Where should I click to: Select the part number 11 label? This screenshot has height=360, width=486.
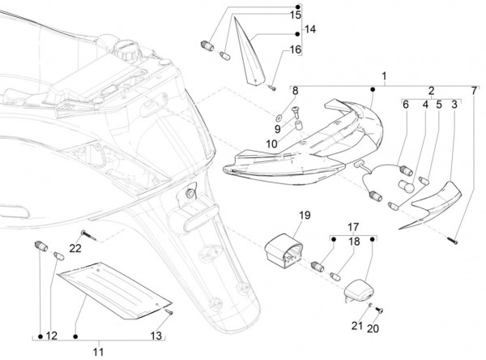click(98, 351)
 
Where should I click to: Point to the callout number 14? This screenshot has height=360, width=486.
click(309, 30)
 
